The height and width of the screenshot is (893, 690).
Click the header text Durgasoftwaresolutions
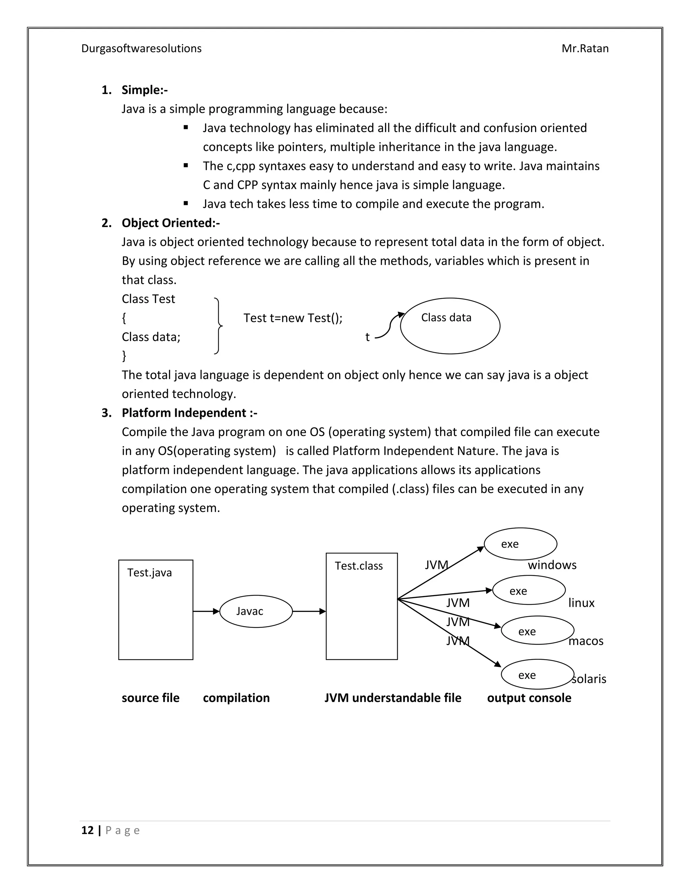(x=142, y=48)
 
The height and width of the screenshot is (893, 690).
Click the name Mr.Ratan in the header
(x=585, y=48)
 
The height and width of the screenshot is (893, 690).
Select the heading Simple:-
(x=144, y=90)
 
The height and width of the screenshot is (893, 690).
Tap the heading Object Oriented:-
(x=170, y=223)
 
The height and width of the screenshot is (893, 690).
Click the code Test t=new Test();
(x=293, y=318)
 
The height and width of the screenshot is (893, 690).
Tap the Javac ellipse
(x=256, y=611)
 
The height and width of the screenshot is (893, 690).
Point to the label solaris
(x=589, y=679)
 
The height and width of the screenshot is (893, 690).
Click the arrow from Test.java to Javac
(x=206, y=611)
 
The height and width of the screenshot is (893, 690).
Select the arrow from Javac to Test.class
(x=309, y=611)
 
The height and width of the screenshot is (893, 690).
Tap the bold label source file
(x=150, y=698)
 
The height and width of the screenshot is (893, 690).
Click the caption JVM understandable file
(x=393, y=698)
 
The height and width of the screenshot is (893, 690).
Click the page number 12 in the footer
(x=88, y=830)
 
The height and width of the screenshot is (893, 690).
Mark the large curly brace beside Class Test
(x=219, y=326)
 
